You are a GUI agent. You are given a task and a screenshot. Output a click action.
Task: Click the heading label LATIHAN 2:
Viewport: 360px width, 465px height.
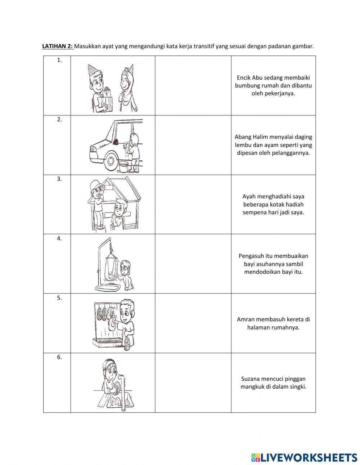coord(58,46)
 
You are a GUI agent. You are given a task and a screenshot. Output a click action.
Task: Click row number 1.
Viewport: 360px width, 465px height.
coord(59,61)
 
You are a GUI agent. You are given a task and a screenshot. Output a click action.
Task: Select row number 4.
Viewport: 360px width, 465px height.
coord(59,238)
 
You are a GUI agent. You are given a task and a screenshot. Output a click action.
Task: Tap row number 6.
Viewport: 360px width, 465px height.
coord(59,357)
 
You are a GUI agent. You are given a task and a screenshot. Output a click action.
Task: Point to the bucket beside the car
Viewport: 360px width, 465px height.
coord(123,167)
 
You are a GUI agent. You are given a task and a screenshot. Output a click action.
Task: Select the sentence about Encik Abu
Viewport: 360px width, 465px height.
coord(273,85)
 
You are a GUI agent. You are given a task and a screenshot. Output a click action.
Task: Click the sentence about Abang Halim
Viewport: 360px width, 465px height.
coord(273,145)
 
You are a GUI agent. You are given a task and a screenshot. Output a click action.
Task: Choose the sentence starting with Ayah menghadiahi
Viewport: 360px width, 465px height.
coord(273,204)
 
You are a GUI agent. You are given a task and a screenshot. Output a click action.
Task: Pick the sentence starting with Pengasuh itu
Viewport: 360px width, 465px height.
coord(273,264)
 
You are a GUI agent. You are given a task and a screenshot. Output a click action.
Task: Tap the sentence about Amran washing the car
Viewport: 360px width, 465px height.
coord(273,323)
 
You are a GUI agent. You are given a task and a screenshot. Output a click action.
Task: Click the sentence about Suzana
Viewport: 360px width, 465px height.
coord(273,383)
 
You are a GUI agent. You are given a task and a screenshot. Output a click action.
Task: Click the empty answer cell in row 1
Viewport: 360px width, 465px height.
coord(193,85)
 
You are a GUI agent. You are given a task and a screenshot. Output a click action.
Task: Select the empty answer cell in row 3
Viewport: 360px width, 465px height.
coord(193,204)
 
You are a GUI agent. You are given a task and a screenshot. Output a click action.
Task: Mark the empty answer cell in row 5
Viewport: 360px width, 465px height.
coord(193,323)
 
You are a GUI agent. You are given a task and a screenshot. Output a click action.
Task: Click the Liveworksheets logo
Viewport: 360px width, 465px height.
coord(304,457)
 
